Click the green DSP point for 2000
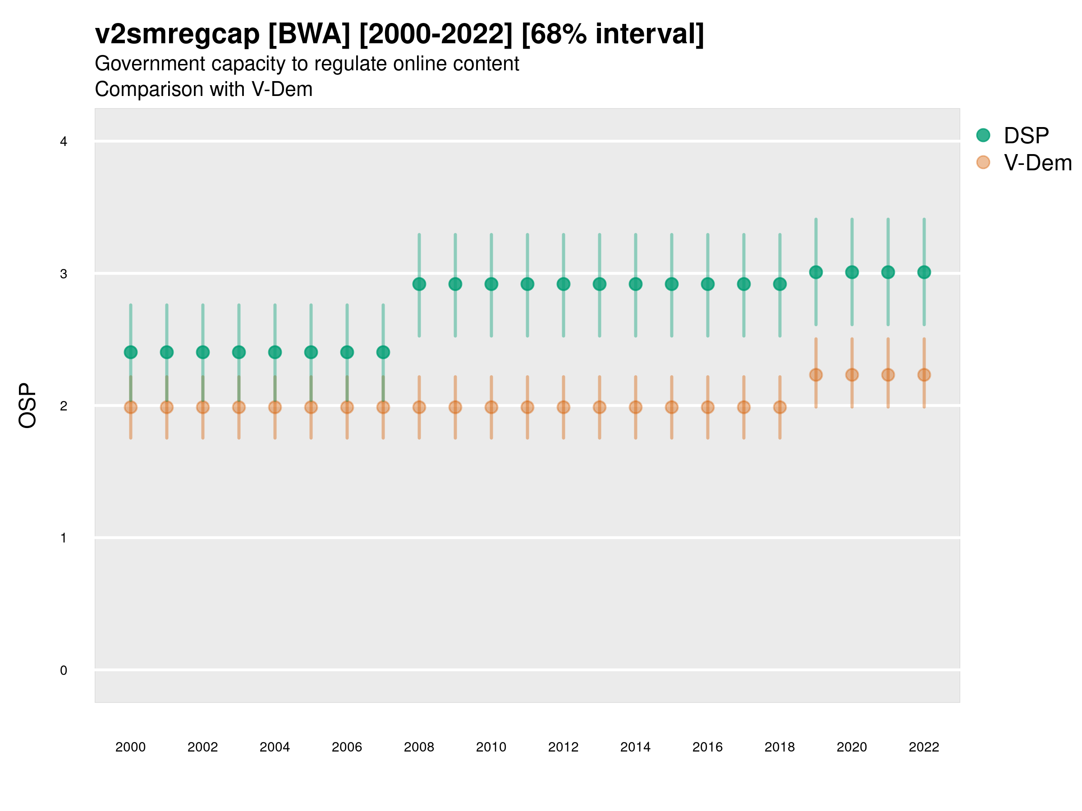click(131, 352)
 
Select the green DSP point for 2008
click(419, 284)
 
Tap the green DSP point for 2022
click(924, 272)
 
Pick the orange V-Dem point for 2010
click(491, 407)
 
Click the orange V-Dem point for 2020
click(852, 375)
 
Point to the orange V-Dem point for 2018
click(779, 407)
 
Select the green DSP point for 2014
click(635, 284)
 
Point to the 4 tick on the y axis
click(64, 142)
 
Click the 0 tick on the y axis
click(64, 670)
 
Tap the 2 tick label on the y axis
click(64, 406)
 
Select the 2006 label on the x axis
click(347, 747)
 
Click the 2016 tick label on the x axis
click(707, 747)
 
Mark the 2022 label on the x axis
click(924, 747)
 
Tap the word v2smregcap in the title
click(177, 34)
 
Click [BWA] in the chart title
click(309, 34)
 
